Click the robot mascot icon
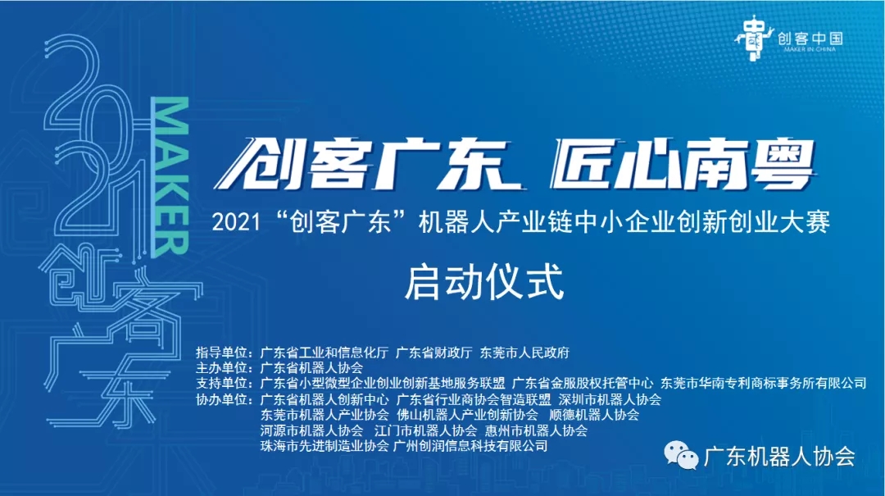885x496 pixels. [x=754, y=38]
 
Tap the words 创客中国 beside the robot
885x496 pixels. [x=810, y=39]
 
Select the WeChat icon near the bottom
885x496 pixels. [x=681, y=455]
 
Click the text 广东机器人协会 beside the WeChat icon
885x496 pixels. [x=779, y=457]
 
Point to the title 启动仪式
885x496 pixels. [x=484, y=282]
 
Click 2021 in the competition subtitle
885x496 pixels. [x=237, y=222]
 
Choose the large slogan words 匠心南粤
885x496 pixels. [x=683, y=164]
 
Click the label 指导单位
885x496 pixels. [x=224, y=353]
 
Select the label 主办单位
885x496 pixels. [x=224, y=368]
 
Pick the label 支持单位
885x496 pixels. [x=224, y=384]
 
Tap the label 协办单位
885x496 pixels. [x=224, y=399]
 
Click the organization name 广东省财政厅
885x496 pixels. [x=433, y=353]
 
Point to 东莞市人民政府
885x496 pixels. [x=524, y=353]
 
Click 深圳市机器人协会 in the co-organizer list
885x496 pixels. [x=610, y=399]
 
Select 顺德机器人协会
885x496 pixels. [x=594, y=415]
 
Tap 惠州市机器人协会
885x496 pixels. [x=536, y=430]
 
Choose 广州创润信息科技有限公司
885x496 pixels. [x=470, y=446]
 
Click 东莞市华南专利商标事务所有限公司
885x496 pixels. [x=763, y=384]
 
